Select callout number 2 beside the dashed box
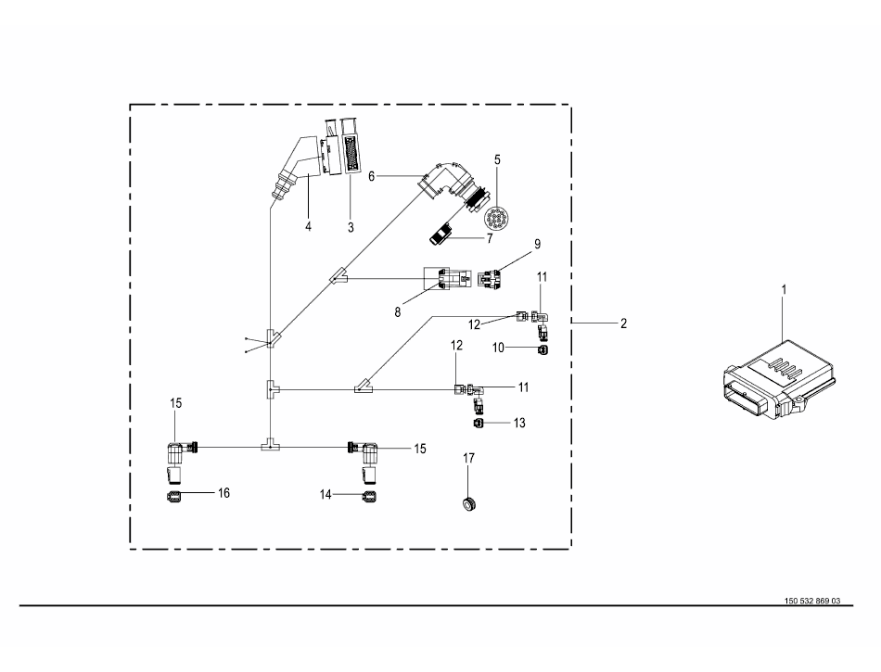624,323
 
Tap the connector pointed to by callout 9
492,277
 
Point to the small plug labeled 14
370,497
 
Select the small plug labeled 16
173,497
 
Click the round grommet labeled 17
468,502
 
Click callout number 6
373,174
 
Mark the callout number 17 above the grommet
469,458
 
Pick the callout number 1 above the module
784,290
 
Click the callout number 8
398,313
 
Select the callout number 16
223,492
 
